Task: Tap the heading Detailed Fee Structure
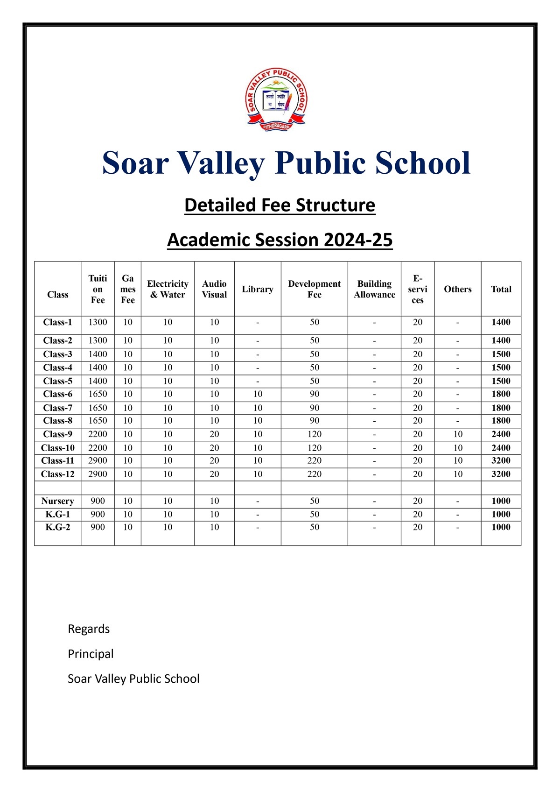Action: (280, 205)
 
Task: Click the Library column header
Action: (258, 289)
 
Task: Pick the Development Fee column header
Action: (314, 289)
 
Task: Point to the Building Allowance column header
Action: (374, 289)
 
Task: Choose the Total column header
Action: (501, 289)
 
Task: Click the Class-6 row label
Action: (57, 394)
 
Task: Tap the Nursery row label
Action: (57, 501)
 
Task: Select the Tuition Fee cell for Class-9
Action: (98, 434)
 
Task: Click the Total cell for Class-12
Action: (501, 474)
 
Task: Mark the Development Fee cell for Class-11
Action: (314, 460)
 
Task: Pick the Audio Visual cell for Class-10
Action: (214, 448)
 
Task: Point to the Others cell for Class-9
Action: (458, 434)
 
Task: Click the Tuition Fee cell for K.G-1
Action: (98, 514)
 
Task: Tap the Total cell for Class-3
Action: (501, 354)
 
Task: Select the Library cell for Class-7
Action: (258, 408)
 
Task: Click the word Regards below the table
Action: (89, 629)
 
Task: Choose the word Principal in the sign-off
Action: (91, 654)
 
